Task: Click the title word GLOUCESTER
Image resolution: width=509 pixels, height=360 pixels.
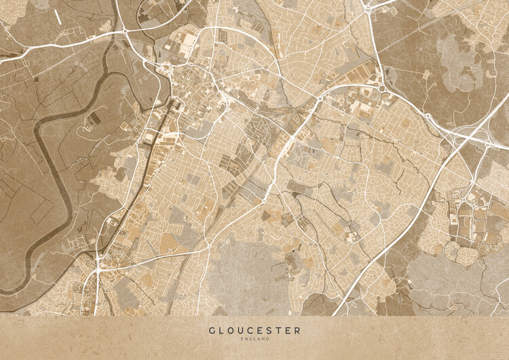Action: (254, 331)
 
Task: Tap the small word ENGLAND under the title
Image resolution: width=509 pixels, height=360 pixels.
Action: (254, 339)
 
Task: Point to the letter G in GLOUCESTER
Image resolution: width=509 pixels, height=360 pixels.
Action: (212, 331)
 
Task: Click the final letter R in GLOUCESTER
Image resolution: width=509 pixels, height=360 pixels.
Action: (297, 331)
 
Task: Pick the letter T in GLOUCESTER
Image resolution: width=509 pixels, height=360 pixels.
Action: (278, 331)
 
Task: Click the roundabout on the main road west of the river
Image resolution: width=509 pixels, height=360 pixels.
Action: (127, 31)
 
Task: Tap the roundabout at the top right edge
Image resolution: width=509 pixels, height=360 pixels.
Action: (368, 9)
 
